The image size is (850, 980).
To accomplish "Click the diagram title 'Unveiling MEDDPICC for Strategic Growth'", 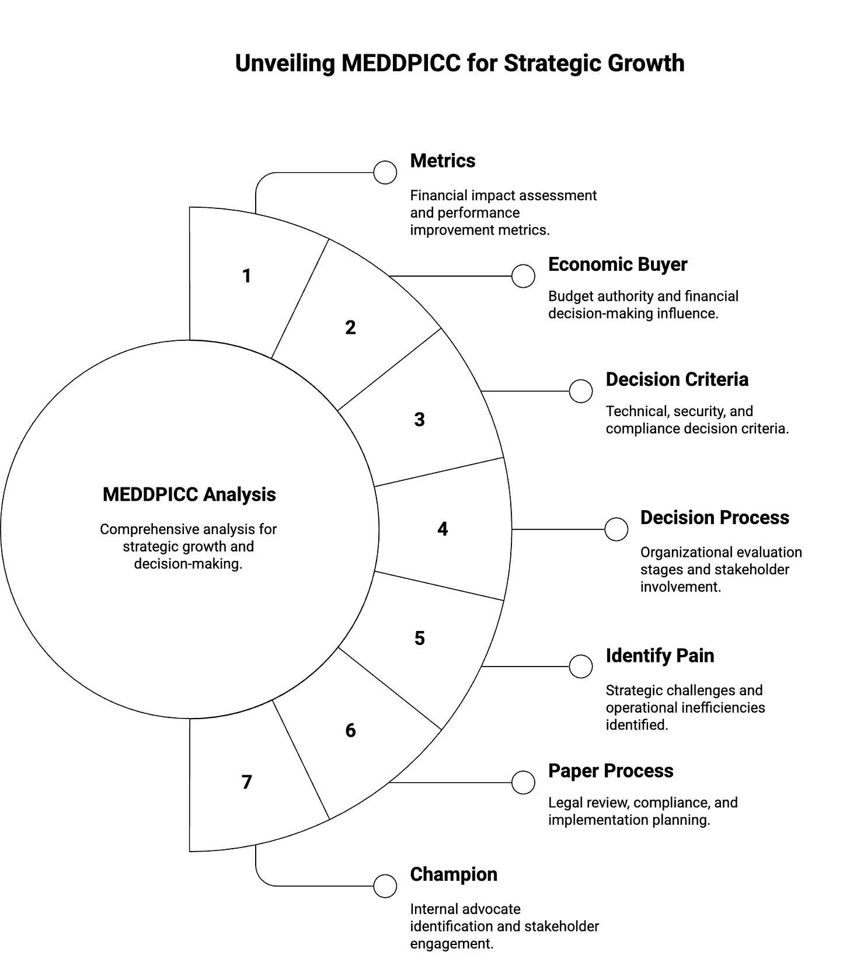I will [x=459, y=63].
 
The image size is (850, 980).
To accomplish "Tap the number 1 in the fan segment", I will [x=246, y=276].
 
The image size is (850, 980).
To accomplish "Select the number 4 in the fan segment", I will [x=443, y=529].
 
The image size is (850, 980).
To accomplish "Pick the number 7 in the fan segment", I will [x=246, y=782].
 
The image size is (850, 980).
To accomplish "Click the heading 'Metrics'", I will [x=443, y=161].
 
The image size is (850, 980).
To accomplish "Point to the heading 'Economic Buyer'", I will [x=617, y=264].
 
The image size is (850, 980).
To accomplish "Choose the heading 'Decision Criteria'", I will [x=677, y=379].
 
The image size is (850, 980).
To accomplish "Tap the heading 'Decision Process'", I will [x=714, y=518].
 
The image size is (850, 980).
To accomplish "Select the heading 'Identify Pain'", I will [x=660, y=655].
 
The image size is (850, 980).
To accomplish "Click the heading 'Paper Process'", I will [x=610, y=771].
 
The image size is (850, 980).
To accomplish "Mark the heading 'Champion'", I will [x=454, y=874].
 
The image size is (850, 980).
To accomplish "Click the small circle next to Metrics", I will [x=385, y=173].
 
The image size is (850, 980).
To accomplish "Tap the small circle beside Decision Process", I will [x=616, y=529].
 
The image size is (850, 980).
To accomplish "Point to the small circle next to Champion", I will [x=385, y=886].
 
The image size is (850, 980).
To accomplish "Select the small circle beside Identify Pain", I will [x=580, y=667].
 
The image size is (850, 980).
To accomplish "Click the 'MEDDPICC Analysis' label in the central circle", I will [x=189, y=494].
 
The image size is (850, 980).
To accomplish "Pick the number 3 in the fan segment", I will [x=419, y=420].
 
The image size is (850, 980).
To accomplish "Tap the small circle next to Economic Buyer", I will [x=523, y=276].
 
